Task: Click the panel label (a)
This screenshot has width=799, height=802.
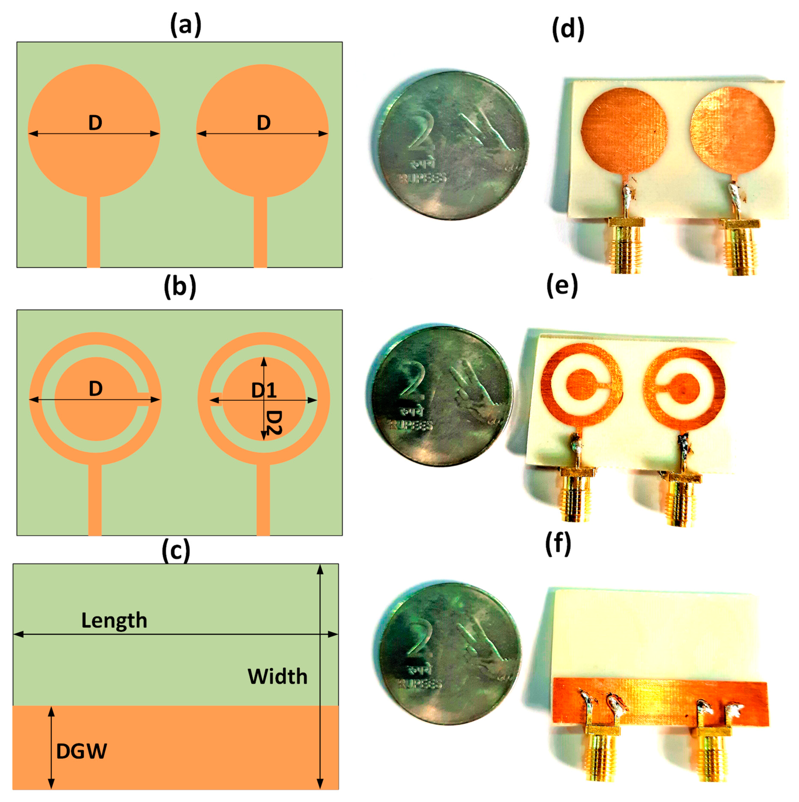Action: click(185, 26)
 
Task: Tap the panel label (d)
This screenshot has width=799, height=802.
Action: click(568, 29)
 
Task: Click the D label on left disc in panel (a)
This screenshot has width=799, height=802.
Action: click(95, 123)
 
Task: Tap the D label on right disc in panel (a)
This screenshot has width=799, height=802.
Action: click(264, 123)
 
